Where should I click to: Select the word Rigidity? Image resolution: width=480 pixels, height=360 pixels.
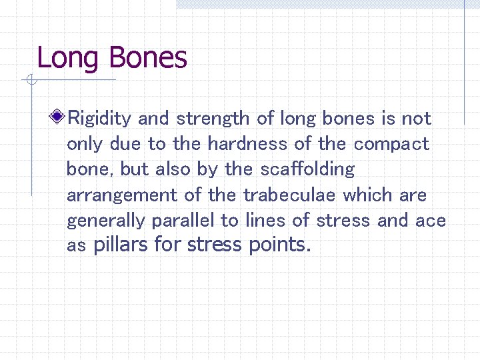101,119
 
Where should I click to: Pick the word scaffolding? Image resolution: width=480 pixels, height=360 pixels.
308,169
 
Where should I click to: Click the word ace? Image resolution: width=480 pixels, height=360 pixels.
431,221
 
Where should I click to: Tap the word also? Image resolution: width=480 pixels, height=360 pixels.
173,169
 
